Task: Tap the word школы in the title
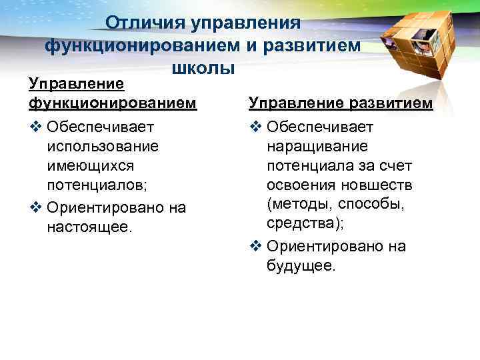click(x=203, y=68)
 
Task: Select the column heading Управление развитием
click(x=341, y=103)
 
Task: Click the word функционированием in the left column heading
click(x=113, y=103)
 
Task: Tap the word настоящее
click(x=90, y=227)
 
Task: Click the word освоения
click(x=299, y=183)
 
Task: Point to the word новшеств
click(x=378, y=183)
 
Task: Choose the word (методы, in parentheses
click(x=297, y=203)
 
